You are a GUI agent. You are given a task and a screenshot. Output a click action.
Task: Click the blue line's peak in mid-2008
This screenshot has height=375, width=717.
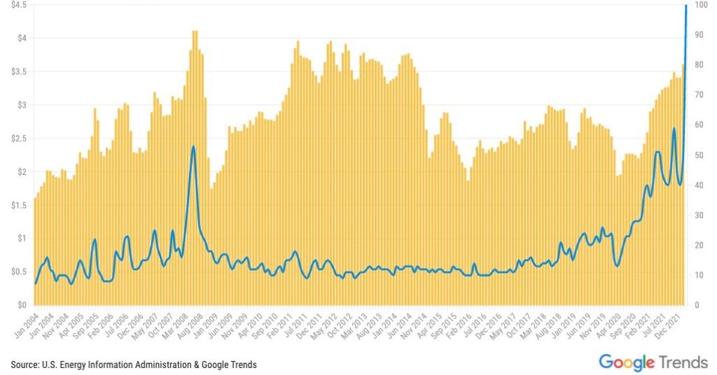coord(193,146)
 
